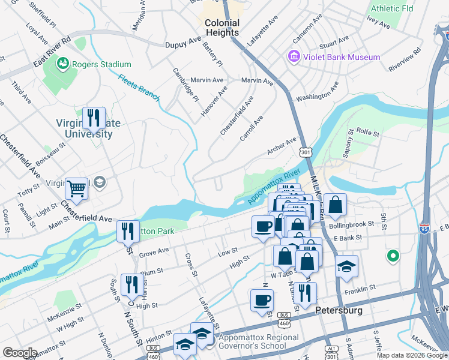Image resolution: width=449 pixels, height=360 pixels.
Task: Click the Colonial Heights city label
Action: [x=223, y=28]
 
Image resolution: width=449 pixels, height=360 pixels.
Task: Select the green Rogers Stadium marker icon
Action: [x=62, y=64]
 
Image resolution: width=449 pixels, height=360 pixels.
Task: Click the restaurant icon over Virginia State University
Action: [x=93, y=118]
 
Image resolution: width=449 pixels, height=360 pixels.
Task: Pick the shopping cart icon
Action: [x=77, y=188]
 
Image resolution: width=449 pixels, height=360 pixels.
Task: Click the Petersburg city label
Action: [x=339, y=311]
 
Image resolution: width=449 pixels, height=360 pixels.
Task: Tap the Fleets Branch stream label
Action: [x=138, y=88]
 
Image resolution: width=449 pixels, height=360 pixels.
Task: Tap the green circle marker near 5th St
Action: [x=393, y=256]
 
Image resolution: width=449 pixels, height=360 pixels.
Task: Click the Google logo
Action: [x=20, y=353]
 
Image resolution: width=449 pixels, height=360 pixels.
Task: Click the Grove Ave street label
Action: [x=154, y=252]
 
